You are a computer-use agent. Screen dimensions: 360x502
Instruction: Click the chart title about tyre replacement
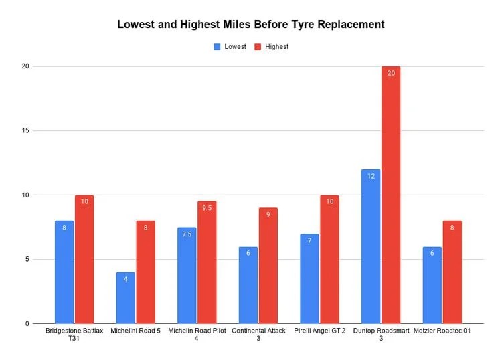(251, 24)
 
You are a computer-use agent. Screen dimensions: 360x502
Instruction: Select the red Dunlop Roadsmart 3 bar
(391, 195)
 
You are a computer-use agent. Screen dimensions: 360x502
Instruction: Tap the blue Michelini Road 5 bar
(125, 298)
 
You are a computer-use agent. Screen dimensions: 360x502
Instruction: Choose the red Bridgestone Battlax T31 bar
(84, 259)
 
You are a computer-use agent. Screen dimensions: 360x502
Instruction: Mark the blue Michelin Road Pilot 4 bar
(187, 275)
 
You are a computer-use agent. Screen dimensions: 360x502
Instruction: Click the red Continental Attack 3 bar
(268, 266)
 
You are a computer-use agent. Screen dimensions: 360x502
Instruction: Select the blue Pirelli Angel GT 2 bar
(309, 278)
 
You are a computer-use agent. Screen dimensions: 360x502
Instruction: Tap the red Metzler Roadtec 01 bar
(452, 272)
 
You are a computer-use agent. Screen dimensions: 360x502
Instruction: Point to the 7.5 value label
(187, 234)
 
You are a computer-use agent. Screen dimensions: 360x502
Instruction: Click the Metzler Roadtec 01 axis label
(442, 331)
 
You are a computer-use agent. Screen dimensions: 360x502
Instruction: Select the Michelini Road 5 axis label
(135, 331)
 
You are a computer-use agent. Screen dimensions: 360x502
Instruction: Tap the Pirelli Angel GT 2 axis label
(319, 331)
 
